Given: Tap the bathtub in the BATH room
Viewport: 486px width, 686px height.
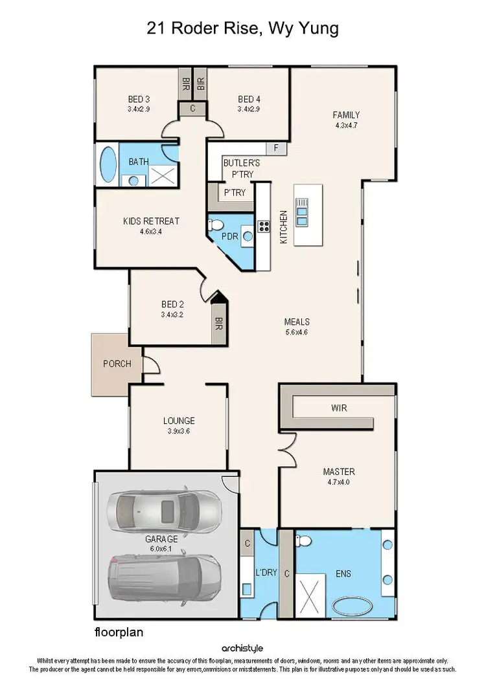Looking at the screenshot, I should coord(108,165).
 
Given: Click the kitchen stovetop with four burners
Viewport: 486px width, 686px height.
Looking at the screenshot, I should coord(264,226).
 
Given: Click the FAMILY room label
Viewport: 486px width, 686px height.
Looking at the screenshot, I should coord(346,115).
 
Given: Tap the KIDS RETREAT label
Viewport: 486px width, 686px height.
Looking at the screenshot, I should coord(151,221).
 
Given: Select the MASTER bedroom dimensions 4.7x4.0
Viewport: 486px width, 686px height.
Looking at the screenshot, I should coord(339,481).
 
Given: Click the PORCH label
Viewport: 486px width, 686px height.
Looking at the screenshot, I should coord(117,364).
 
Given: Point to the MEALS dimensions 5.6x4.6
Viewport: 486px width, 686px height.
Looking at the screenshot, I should coord(296,332).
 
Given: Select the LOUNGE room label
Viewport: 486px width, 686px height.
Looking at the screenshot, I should coord(179,421).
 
